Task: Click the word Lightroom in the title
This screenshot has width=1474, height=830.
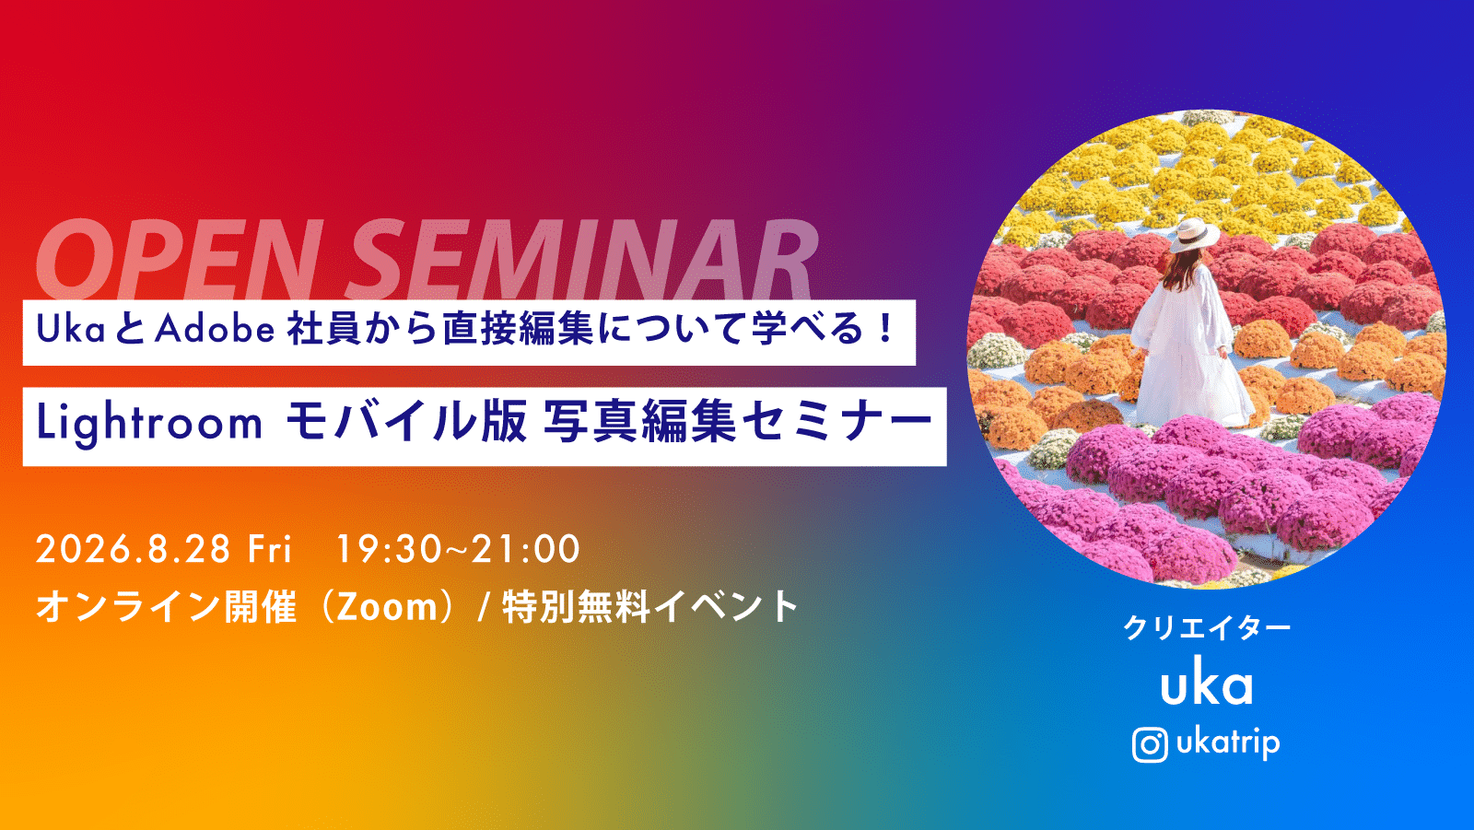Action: coord(149,423)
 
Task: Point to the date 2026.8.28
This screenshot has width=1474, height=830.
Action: coord(133,550)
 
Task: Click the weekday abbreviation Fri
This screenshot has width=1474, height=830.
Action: coord(269,550)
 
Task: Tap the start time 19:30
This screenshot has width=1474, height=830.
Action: coord(388,550)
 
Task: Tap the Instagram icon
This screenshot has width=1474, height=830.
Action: coord(1149,745)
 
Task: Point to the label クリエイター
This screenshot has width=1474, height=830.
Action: coord(1206,628)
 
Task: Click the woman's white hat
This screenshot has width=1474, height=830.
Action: coord(1194,234)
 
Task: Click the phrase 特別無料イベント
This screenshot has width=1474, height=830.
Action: coord(650,607)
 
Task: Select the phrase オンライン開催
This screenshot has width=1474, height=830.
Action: coord(167,607)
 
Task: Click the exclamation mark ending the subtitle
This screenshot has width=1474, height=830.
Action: coord(887,328)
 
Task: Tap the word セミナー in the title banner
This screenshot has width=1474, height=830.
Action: coord(838,423)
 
